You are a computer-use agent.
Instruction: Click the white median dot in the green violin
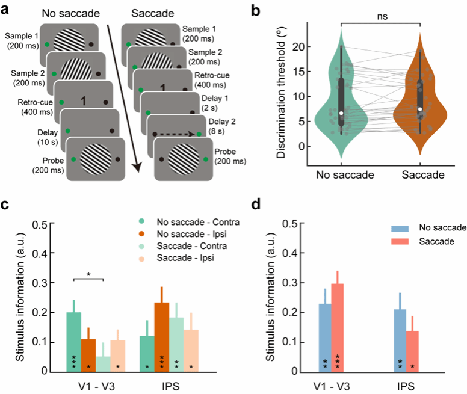point(341,113)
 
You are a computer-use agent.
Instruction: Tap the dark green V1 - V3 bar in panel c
point(74,341)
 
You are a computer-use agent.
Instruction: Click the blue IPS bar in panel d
point(399,340)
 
